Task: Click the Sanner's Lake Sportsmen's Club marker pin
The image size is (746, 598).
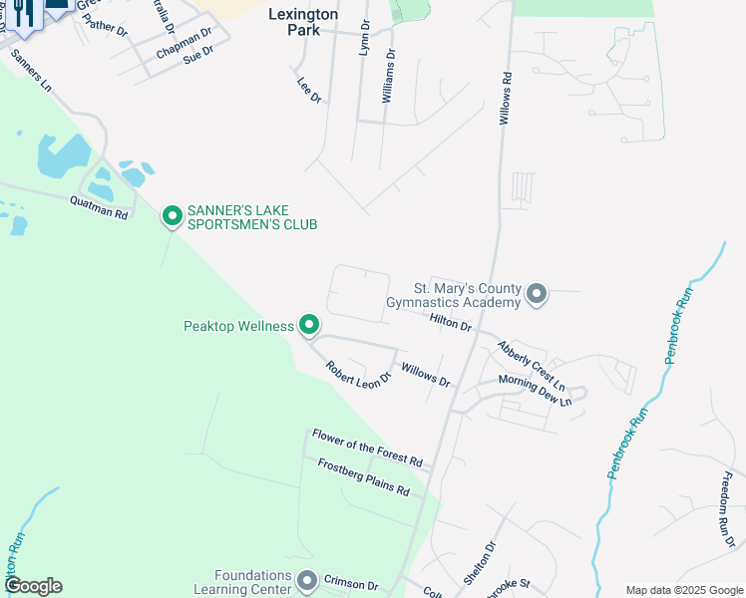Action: point(172,214)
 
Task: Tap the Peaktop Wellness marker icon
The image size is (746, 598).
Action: point(309,325)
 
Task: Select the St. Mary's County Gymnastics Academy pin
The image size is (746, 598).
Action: point(537,293)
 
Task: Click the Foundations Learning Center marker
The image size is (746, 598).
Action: point(307,580)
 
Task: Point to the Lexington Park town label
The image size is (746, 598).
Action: point(303,23)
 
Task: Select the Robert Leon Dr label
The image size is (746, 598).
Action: point(357,375)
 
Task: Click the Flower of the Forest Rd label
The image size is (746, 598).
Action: point(367,448)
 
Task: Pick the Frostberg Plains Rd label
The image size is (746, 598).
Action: point(363,477)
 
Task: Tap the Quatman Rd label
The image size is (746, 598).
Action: point(99,208)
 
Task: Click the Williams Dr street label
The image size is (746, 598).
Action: point(389,77)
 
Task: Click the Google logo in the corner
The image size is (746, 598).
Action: point(33,586)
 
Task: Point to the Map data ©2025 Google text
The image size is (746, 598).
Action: point(683,590)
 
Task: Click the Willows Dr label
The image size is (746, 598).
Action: point(425,375)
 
